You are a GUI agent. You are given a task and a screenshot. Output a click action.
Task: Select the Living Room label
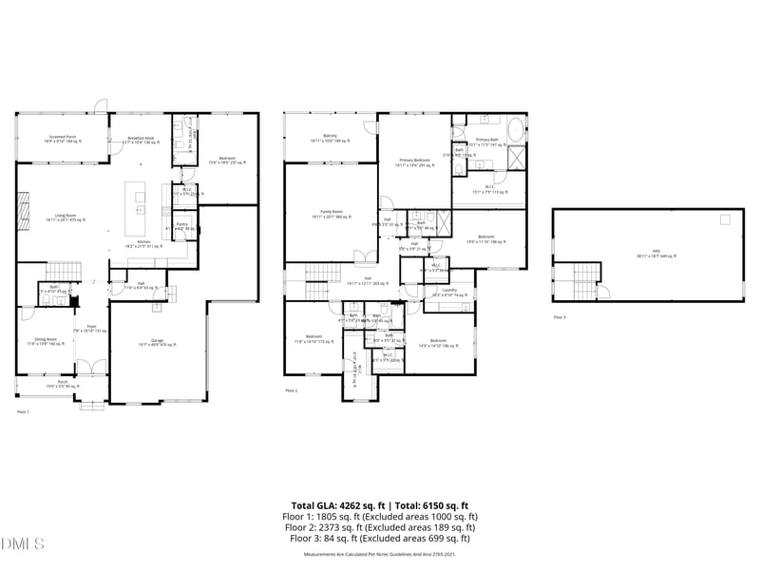(x=63, y=218)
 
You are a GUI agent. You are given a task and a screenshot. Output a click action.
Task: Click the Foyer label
(x=93, y=328)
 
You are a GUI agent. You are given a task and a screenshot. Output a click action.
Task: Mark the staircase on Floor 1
(x=61, y=269)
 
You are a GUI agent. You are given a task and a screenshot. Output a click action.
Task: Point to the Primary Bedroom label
(x=415, y=162)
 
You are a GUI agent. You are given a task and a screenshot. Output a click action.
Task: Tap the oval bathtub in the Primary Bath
(x=514, y=128)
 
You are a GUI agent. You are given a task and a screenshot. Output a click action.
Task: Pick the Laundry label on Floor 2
(x=449, y=292)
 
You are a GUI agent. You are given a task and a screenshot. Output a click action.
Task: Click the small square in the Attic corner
(x=725, y=218)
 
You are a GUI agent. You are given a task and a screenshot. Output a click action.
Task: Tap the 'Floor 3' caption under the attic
(x=559, y=316)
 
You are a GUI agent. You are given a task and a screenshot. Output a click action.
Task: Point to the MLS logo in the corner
(x=23, y=544)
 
